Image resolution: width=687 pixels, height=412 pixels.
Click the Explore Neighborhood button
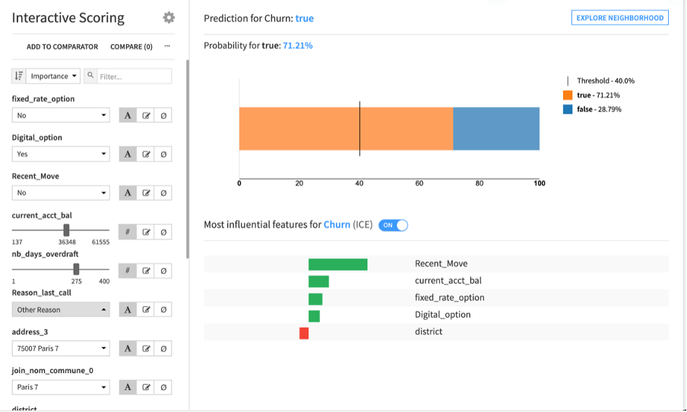point(619,17)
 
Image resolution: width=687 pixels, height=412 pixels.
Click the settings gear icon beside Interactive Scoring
point(169,17)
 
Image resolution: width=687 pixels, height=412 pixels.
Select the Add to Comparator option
point(62,46)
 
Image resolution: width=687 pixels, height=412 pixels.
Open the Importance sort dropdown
point(53,76)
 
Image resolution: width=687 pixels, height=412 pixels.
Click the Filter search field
point(134,76)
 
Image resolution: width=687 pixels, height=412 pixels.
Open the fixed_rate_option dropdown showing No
point(62,116)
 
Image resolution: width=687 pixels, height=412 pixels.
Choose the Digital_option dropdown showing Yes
point(62,154)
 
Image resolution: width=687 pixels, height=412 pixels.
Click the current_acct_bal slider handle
point(67,230)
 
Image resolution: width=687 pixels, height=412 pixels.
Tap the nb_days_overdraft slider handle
point(76,268)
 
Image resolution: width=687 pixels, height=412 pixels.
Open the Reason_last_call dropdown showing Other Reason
point(62,309)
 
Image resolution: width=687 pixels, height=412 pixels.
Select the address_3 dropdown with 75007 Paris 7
point(62,348)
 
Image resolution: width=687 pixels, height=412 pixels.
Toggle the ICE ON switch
point(393,225)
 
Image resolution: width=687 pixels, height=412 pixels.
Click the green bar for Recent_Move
point(337,265)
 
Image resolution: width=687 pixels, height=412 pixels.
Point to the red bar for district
point(304,333)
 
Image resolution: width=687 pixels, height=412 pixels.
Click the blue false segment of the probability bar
point(496,128)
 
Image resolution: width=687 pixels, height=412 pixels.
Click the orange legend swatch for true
point(568,95)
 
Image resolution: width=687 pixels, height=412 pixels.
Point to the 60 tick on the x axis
point(419,183)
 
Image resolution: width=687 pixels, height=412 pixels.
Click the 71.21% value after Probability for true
point(297,46)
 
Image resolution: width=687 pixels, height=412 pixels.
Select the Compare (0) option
point(131,46)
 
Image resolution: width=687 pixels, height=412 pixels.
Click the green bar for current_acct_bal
point(318,281)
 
